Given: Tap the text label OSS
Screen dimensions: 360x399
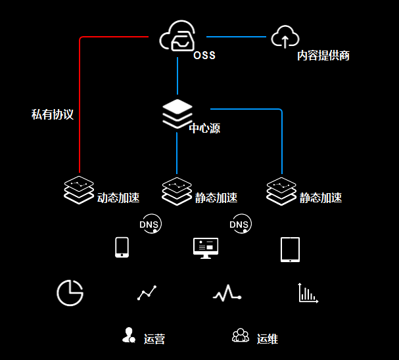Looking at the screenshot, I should (x=204, y=56).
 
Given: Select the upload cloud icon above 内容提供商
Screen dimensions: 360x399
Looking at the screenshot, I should (x=285, y=37).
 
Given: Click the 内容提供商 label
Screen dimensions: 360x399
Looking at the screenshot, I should (x=323, y=56).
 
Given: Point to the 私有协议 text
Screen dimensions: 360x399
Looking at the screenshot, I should (x=53, y=114).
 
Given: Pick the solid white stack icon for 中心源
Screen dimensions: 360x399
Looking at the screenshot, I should (x=177, y=113).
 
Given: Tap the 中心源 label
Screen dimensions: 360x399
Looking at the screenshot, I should (x=204, y=128).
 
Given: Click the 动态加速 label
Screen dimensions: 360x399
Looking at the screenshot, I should (x=118, y=197).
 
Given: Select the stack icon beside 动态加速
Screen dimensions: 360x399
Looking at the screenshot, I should (x=79, y=190).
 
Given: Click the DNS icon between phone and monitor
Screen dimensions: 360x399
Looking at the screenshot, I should (x=150, y=225).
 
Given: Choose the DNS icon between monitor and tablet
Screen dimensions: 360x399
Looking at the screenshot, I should (x=240, y=225).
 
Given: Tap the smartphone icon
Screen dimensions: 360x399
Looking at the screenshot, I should (x=122, y=247).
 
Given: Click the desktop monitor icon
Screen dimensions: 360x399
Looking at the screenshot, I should (x=206, y=248).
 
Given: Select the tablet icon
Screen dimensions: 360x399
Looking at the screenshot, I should (x=290, y=249).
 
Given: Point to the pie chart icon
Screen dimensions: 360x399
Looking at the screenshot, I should (x=70, y=292).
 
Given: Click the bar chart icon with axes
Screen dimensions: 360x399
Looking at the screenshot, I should (x=308, y=293).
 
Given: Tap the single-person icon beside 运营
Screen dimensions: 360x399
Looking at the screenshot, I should (x=129, y=335).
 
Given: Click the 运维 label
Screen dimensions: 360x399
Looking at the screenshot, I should (x=267, y=339).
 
